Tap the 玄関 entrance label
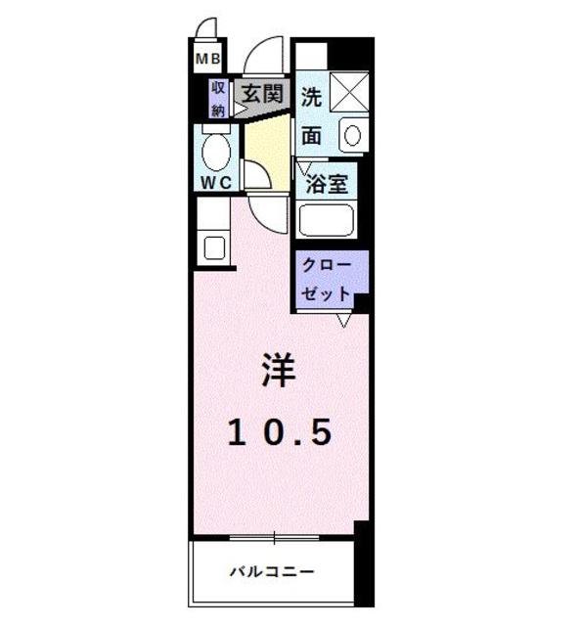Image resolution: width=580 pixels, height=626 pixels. coord(262,95)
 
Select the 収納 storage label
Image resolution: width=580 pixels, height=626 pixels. coord(218,99)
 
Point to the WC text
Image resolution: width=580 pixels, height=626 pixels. coord(215,182)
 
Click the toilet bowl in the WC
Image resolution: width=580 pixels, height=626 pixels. coord(215,153)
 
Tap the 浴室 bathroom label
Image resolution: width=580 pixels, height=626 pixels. coord(326,184)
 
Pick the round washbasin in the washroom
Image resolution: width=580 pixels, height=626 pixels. coord(352,134)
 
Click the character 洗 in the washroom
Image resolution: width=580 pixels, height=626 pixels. coord(311,97)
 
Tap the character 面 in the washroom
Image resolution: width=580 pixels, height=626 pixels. coord(311,135)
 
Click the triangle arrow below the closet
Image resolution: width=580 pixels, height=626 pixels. coord(344,320)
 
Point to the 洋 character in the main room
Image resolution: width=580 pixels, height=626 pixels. coord(278,369)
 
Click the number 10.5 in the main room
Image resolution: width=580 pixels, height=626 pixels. coord(280,430)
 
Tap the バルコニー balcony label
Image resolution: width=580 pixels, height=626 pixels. coord(273,571)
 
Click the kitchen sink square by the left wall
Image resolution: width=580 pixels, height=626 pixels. coord(214,246)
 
